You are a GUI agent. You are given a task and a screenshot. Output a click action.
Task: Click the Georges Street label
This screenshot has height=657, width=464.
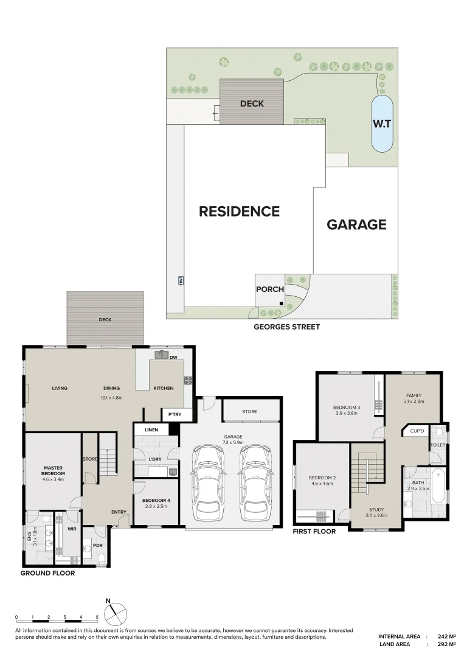[286, 327]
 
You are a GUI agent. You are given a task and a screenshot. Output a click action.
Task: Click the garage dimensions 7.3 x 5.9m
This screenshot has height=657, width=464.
[233, 442]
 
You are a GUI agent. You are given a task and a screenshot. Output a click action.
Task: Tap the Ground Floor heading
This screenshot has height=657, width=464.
[47, 573]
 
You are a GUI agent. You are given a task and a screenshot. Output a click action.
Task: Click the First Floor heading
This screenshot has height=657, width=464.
[314, 531]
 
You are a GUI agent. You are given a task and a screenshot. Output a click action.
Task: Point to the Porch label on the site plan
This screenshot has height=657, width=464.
[269, 289]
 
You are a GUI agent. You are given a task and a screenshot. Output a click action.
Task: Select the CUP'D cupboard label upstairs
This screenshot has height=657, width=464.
[417, 431]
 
